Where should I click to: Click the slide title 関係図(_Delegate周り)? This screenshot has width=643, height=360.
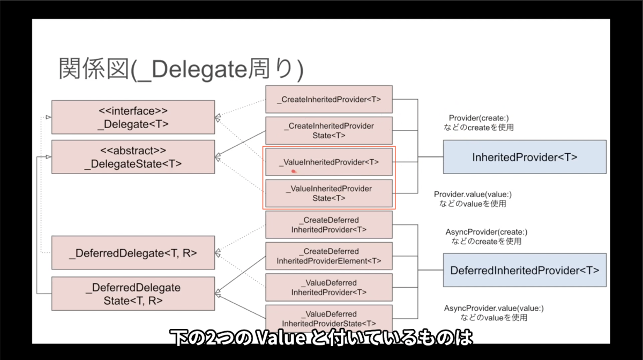click(x=181, y=70)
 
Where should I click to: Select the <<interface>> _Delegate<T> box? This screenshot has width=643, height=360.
click(x=133, y=117)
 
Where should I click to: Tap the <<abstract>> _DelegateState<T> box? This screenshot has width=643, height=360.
click(x=133, y=157)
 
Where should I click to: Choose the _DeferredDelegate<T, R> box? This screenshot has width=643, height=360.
click(x=133, y=252)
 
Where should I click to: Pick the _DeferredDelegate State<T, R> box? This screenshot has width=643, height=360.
click(x=133, y=294)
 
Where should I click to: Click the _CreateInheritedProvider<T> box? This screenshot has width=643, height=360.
click(x=329, y=99)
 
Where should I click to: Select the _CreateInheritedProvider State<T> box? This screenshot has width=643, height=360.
click(x=329, y=131)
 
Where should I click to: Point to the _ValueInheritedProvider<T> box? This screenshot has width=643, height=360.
click(x=329, y=162)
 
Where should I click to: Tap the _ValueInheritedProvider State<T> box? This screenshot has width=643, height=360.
click(x=329, y=193)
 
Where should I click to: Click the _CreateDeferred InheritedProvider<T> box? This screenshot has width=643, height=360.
click(x=329, y=224)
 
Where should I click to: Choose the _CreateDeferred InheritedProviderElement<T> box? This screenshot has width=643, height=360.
click(x=329, y=256)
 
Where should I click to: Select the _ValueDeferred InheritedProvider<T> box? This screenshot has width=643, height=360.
click(x=329, y=288)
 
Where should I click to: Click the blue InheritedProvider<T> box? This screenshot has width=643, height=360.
click(x=525, y=157)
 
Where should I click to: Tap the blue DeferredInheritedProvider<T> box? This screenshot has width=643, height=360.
click(x=525, y=270)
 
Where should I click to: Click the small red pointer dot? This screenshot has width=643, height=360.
click(x=294, y=171)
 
